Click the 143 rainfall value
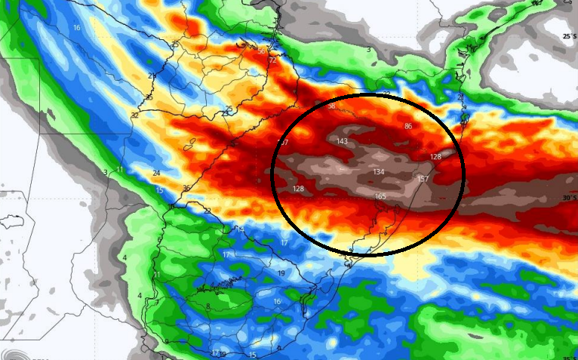[x=342, y=141]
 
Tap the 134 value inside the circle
[x=378, y=172]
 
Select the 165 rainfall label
[x=380, y=197]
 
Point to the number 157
[x=423, y=180]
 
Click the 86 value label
[x=408, y=126]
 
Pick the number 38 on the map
[x=331, y=106]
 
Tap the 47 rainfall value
[x=284, y=142]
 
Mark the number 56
[x=261, y=51]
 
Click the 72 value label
[x=272, y=60]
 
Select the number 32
[x=134, y=115]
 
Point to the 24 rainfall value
[x=156, y=173]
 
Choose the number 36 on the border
[x=186, y=188]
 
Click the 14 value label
[x=241, y=229]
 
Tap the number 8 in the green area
[x=208, y=306]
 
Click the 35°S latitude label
[x=570, y=357]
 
